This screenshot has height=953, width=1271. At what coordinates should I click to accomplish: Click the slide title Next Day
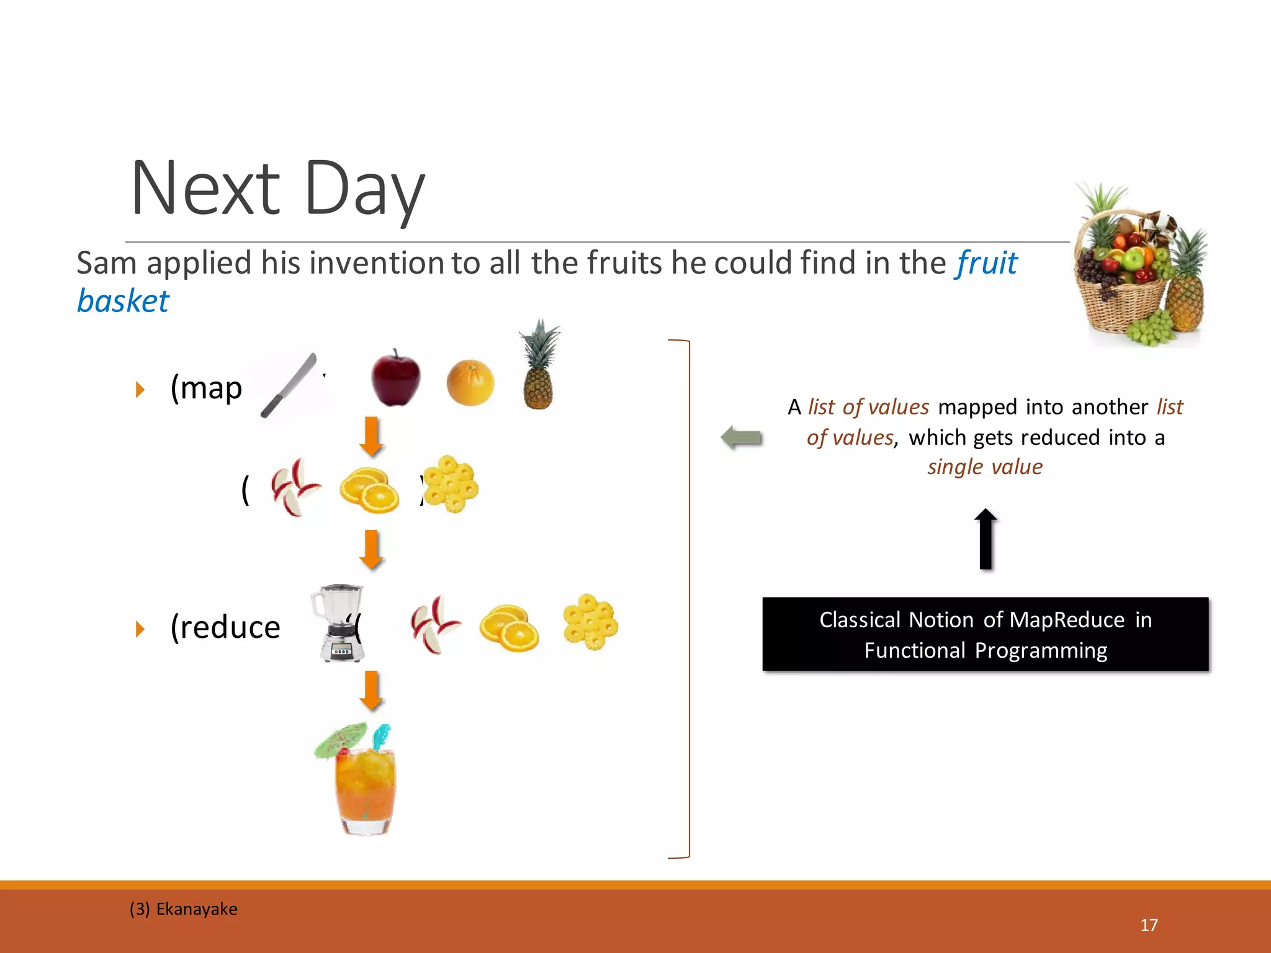click(x=277, y=188)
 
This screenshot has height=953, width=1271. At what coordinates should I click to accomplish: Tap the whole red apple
click(x=395, y=378)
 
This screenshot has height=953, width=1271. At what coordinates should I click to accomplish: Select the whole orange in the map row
click(x=470, y=382)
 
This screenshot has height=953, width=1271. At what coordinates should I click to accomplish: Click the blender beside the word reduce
click(x=339, y=623)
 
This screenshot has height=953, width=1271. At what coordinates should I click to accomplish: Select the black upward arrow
click(x=986, y=539)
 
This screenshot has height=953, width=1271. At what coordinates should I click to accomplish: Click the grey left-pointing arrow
click(x=742, y=437)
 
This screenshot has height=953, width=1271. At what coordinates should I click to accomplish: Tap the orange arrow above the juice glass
click(x=371, y=690)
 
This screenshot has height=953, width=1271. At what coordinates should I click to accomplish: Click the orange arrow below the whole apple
click(x=371, y=436)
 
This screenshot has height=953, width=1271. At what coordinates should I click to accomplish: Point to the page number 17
click(x=1149, y=925)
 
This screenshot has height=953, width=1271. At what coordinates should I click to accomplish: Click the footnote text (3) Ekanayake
click(x=184, y=909)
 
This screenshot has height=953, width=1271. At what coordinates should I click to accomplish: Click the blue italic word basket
click(x=123, y=302)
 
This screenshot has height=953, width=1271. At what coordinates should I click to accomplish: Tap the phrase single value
click(x=985, y=467)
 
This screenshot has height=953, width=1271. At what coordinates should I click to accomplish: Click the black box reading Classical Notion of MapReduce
click(x=985, y=634)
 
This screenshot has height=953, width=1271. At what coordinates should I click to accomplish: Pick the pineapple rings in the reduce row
click(x=590, y=622)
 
